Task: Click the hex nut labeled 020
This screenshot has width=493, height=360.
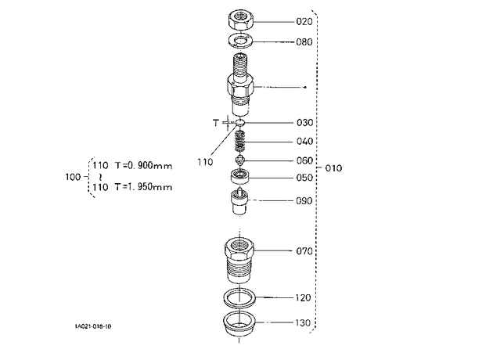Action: click(x=240, y=20)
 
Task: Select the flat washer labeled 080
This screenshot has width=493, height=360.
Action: click(x=240, y=41)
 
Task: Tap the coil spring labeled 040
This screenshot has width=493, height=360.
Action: click(x=240, y=140)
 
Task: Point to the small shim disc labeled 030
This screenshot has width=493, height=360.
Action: click(x=240, y=123)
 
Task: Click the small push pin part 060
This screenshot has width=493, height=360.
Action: click(x=240, y=160)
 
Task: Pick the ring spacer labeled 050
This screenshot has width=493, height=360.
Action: click(x=240, y=176)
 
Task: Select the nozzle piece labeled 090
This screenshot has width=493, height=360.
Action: click(x=239, y=200)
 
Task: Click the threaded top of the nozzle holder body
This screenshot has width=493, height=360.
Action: click(x=240, y=65)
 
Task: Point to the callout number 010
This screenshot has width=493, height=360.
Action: click(x=333, y=168)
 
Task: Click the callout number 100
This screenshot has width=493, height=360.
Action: click(x=73, y=177)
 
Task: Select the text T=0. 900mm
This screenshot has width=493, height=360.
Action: click(x=143, y=165)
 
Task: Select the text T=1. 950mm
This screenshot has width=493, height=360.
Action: click(x=143, y=187)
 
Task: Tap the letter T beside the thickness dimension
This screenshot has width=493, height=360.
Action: click(x=216, y=123)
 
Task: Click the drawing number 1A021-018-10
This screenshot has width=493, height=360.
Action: click(x=93, y=326)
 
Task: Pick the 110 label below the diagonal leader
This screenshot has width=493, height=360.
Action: click(x=205, y=162)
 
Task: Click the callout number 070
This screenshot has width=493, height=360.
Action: click(x=304, y=251)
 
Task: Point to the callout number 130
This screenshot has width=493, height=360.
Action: click(x=303, y=322)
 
